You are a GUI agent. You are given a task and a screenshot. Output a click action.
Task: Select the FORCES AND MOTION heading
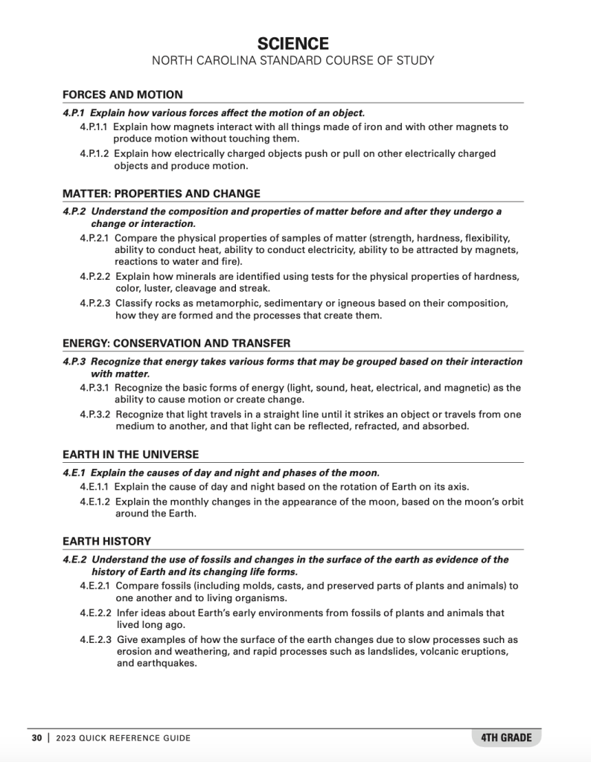(x=123, y=95)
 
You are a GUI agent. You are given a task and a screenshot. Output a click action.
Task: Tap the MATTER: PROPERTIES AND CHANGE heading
(x=162, y=193)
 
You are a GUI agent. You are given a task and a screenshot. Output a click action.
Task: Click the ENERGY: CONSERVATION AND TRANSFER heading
(x=176, y=343)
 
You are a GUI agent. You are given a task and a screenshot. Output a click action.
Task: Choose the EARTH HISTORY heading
(x=106, y=541)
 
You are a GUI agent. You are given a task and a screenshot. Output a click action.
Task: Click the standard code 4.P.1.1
(x=95, y=127)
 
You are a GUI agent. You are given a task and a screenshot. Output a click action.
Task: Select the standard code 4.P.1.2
(x=95, y=154)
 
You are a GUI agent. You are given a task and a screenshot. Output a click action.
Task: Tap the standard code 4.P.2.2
(x=95, y=277)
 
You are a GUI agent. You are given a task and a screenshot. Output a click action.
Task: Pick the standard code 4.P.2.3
(x=95, y=304)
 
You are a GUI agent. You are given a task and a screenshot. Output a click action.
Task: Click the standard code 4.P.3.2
(x=95, y=414)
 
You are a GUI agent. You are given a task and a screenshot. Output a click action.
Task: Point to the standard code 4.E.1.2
(x=95, y=502)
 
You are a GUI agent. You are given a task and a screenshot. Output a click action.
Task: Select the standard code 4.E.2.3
(x=96, y=640)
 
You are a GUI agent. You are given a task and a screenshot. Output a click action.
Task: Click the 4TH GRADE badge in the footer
(x=506, y=737)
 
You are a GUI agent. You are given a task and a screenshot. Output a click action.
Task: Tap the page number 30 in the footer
(x=36, y=738)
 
